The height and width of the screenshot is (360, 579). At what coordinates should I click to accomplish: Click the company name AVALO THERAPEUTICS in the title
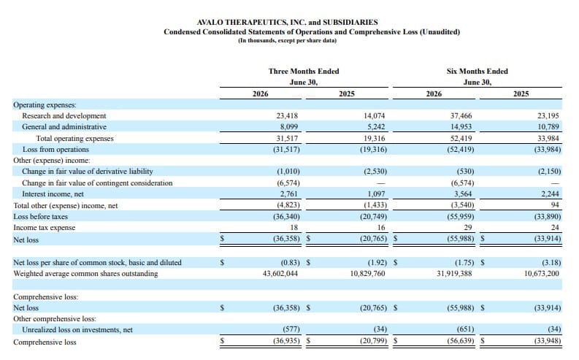[242, 22]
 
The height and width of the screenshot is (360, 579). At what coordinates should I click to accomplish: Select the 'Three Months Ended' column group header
[304, 72]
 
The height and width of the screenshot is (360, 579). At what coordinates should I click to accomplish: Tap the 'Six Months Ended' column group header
[477, 72]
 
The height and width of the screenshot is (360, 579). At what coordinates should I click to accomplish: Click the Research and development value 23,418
[287, 116]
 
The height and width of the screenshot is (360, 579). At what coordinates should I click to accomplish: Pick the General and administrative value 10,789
[548, 127]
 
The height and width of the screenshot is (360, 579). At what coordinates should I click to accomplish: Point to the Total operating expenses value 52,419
[461, 139]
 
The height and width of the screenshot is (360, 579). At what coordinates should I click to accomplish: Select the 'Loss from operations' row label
[55, 150]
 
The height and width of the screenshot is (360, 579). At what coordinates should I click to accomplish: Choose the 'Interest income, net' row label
[53, 194]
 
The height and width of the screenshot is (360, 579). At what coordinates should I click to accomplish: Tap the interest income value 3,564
[464, 194]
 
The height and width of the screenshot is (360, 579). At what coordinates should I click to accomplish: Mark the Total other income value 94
[555, 205]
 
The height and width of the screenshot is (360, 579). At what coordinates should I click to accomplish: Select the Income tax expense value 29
[468, 227]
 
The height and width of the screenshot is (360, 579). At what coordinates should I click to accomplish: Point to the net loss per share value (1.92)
[377, 263]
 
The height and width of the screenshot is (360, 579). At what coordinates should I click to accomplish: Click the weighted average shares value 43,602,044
[280, 274]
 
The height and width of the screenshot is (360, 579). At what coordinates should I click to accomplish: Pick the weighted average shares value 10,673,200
[542, 274]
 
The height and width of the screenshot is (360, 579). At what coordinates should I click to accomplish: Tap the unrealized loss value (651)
[465, 329]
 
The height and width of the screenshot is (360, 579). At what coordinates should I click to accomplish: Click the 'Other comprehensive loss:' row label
[55, 318]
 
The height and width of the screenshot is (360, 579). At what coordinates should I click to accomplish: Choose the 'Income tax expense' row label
[45, 227]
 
